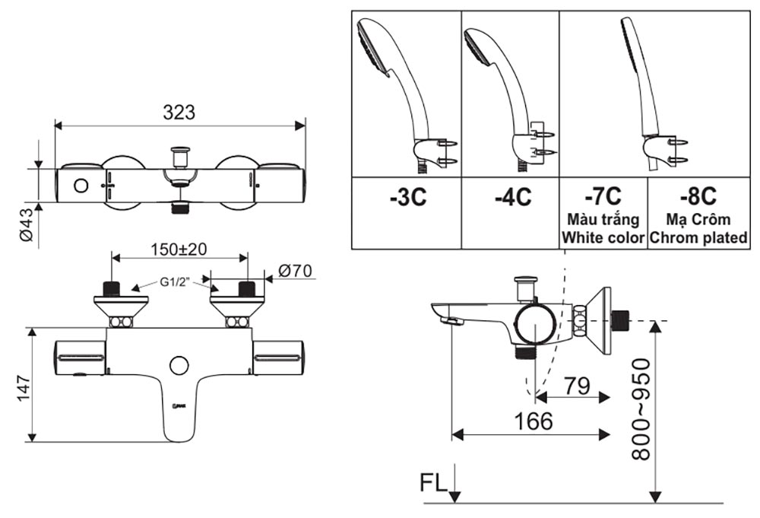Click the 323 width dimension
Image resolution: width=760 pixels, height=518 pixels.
[179, 112]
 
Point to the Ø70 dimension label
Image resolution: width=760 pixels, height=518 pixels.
[296, 271]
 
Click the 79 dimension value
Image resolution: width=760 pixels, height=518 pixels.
[578, 386]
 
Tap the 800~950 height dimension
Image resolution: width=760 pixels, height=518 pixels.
[642, 408]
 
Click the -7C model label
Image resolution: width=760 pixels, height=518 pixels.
[603, 195]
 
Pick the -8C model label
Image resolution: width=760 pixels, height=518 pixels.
[698, 195]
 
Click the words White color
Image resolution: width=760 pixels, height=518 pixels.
[603, 237]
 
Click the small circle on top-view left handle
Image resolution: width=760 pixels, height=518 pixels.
[79, 186]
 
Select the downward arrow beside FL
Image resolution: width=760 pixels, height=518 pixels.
[454, 485]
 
